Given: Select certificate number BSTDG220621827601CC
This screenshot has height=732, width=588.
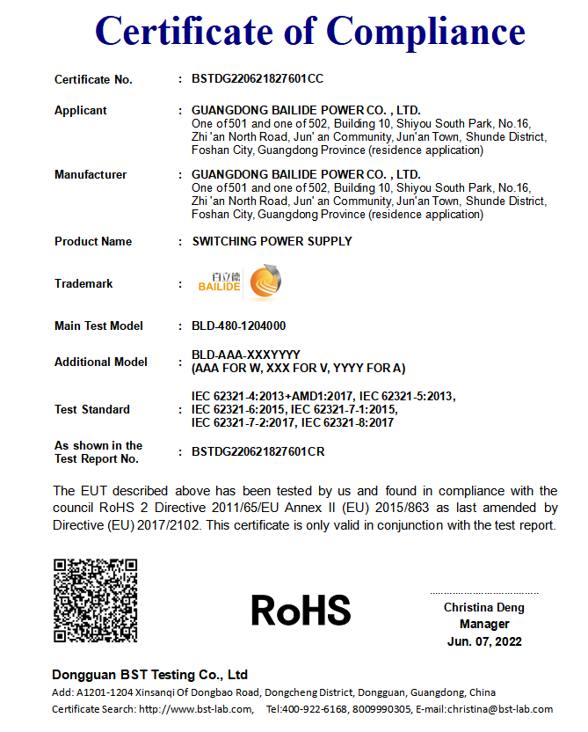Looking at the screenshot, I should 258,79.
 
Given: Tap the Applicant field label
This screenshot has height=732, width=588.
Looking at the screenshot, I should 81,111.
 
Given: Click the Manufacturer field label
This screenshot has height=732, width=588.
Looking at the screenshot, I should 91,175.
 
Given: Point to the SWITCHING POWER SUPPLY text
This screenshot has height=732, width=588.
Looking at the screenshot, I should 272,241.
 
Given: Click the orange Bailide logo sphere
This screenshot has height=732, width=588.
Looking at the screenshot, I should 265,283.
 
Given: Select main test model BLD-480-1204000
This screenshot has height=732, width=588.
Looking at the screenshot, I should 238,326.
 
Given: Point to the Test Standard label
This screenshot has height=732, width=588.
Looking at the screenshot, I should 92,410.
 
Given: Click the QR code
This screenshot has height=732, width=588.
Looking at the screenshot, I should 95,600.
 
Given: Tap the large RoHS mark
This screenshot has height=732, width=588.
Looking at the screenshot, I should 301,610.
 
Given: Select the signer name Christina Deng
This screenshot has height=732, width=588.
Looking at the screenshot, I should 483,608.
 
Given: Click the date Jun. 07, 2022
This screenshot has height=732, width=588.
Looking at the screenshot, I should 484,641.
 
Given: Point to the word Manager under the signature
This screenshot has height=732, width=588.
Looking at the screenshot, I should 484,625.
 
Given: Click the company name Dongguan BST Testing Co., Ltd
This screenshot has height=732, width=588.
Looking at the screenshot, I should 150,675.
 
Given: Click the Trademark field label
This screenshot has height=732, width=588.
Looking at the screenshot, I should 83,284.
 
